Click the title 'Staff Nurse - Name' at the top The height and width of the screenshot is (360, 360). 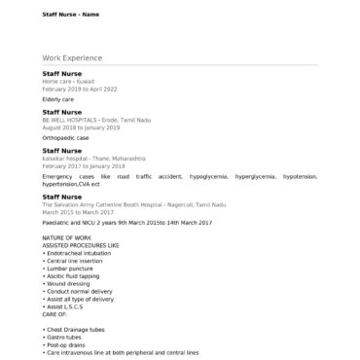[70, 15]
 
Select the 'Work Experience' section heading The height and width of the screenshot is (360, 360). [72, 58]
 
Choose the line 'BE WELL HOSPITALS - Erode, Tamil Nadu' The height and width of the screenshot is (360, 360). [96, 121]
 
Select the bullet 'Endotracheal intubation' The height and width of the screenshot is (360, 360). [81, 253]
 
